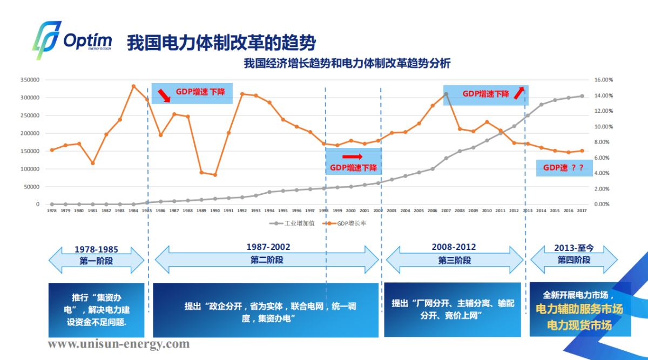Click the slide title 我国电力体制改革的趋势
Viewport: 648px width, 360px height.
click(x=221, y=42)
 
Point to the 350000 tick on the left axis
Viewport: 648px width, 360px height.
click(x=30, y=80)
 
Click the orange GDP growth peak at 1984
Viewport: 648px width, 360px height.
click(x=133, y=86)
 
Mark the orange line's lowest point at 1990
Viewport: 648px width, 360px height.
click(x=215, y=175)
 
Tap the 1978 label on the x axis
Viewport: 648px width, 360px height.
click(x=52, y=211)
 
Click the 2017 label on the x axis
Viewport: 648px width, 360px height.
click(x=582, y=211)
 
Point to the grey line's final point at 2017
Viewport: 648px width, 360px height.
click(x=582, y=96)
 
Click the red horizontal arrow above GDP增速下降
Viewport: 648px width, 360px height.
click(x=353, y=157)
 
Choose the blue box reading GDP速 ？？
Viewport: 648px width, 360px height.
click(x=563, y=168)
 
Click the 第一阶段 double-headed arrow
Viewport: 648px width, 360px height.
click(x=96, y=260)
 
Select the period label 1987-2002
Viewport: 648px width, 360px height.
click(x=268, y=247)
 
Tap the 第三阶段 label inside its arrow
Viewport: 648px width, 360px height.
click(x=454, y=260)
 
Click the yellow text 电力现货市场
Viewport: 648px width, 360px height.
click(x=579, y=325)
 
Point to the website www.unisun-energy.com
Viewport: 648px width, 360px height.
click(x=119, y=344)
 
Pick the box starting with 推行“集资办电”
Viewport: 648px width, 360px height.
click(x=97, y=309)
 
